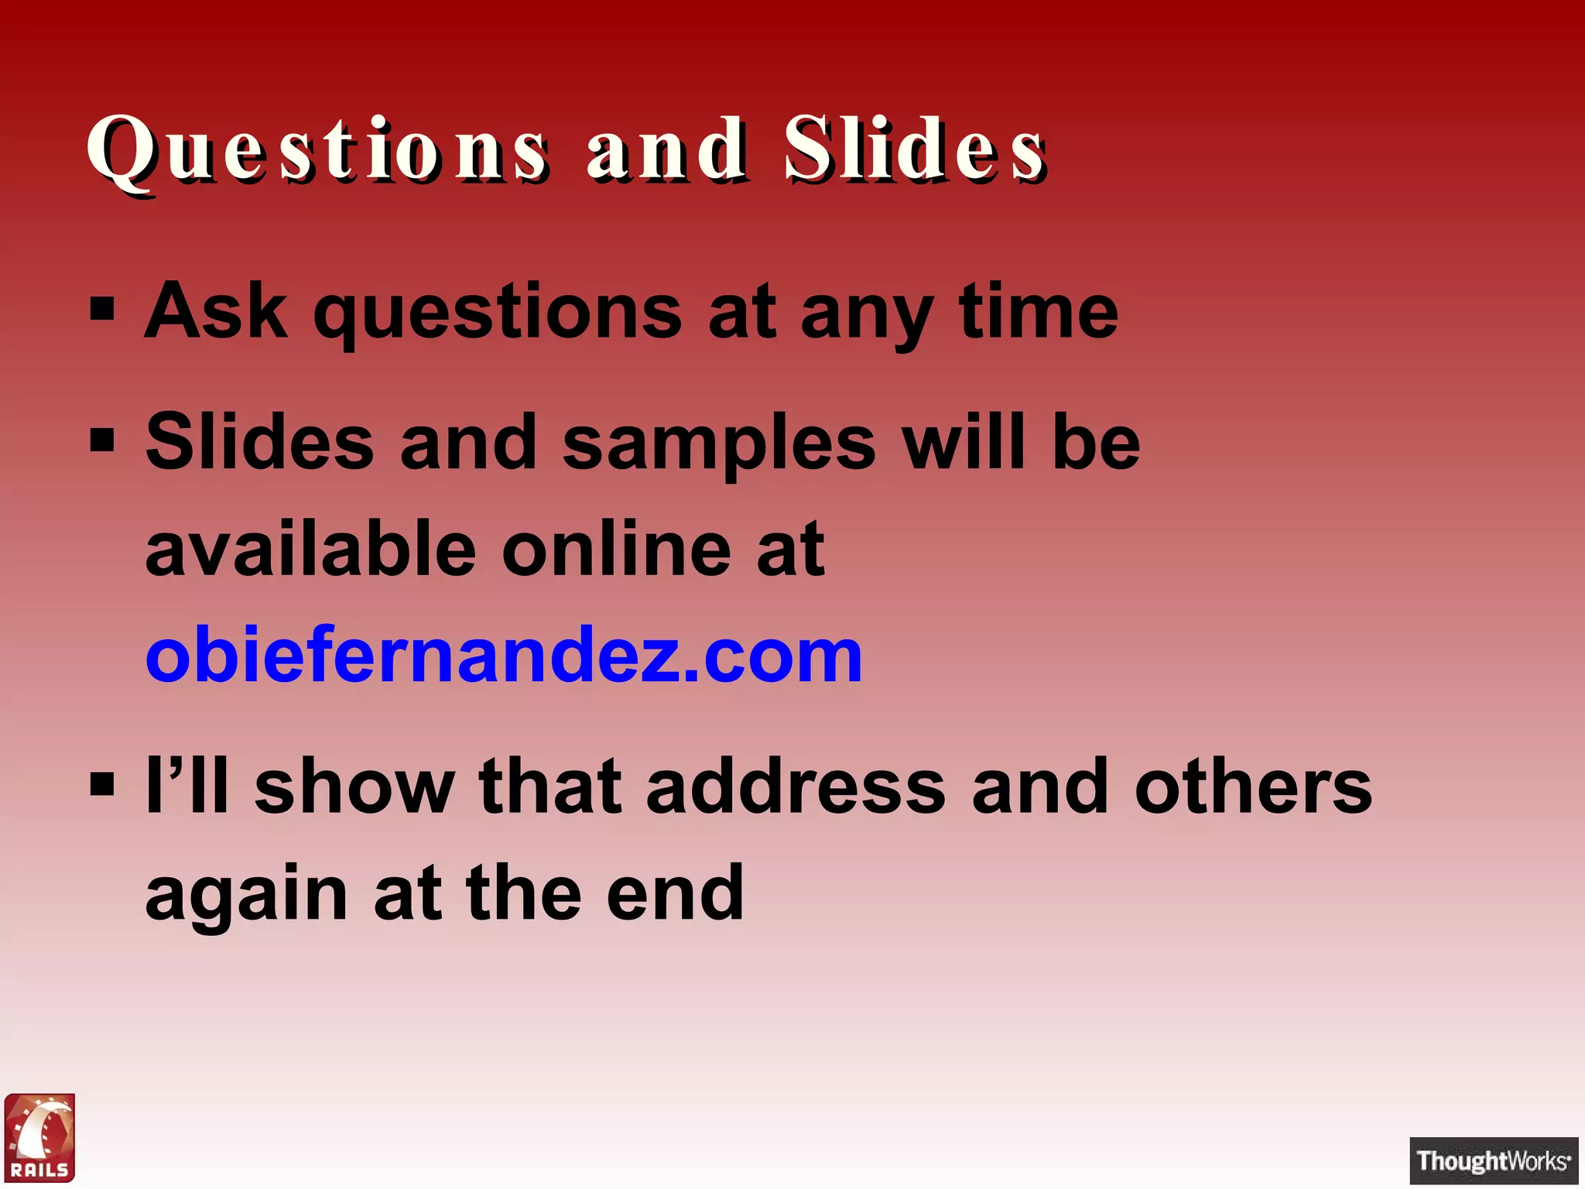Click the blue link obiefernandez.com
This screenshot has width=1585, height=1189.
(x=504, y=656)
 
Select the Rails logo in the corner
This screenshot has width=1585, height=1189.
(x=40, y=1137)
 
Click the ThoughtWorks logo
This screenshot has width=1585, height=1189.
(x=1494, y=1160)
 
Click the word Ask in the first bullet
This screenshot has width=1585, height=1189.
(x=216, y=311)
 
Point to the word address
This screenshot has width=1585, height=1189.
(x=796, y=786)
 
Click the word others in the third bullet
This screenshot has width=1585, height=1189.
(x=1253, y=786)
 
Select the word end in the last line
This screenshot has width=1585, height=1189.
(x=675, y=893)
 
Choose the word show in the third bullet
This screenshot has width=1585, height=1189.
(x=354, y=786)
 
